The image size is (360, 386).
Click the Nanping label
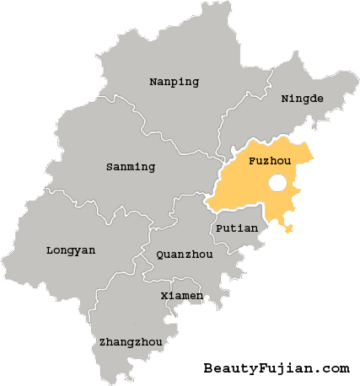174,82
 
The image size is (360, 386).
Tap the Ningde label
302,99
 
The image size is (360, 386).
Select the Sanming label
131,166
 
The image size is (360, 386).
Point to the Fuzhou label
270,158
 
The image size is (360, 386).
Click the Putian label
231,228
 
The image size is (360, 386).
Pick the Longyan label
71,249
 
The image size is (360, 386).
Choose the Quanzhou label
185,254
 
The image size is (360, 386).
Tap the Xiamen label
181,296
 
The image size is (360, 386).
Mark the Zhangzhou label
130,341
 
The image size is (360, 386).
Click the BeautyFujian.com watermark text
276,367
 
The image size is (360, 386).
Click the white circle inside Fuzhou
277,183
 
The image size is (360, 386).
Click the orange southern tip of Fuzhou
288,228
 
